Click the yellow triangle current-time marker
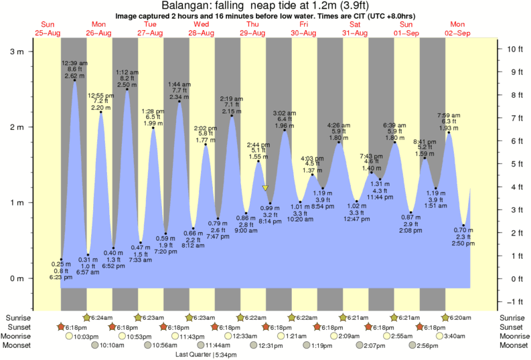point(265,188)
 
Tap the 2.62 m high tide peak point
point(74,80)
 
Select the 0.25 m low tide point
point(61,260)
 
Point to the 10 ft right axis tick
point(512,49)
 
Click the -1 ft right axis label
point(513,301)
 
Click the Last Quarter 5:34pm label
point(207,353)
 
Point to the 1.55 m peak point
point(258,161)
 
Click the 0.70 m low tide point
point(463,226)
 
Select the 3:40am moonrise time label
point(461,336)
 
